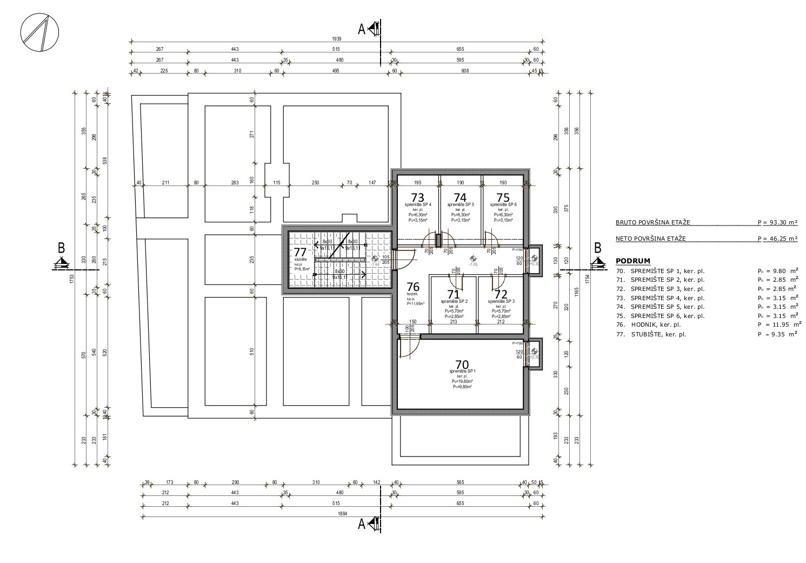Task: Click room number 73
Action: pyautogui.click(x=417, y=197)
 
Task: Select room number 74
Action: pyautogui.click(x=460, y=197)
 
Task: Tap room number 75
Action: pyautogui.click(x=503, y=197)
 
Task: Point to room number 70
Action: pyautogui.click(x=462, y=364)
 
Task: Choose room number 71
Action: pyautogui.click(x=454, y=295)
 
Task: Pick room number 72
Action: pyautogui.click(x=501, y=295)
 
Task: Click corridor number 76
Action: pyautogui.click(x=413, y=287)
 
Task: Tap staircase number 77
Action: pyautogui.click(x=300, y=252)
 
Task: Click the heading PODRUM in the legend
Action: pyautogui.click(x=633, y=261)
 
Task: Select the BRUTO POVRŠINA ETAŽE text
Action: pyautogui.click(x=652, y=222)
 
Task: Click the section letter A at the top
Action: pyautogui.click(x=362, y=29)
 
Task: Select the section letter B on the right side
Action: pyautogui.click(x=597, y=248)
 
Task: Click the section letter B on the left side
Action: pyautogui.click(x=61, y=248)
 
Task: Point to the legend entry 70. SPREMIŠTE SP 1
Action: pyautogui.click(x=667, y=271)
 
